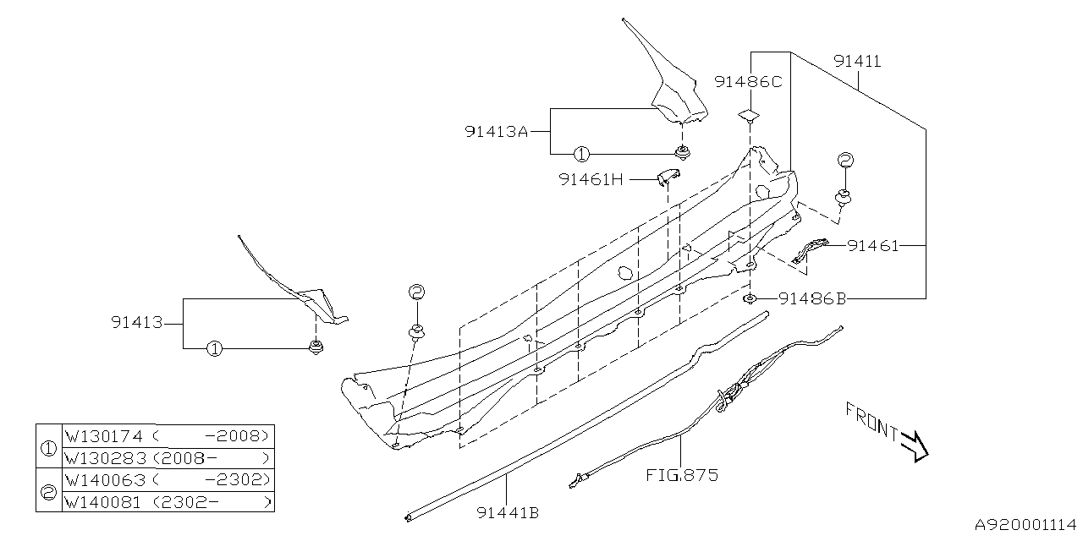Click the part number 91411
857,62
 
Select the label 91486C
748,82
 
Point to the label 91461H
592,179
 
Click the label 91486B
813,298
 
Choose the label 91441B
508,512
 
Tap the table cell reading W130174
105,436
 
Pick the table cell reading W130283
105,458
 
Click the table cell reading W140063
105,480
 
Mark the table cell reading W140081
105,502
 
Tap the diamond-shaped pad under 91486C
748,115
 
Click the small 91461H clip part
669,176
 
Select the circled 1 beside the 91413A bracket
581,154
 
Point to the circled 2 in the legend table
49,491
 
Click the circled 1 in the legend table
49,447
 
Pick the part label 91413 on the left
135,322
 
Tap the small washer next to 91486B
750,298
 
